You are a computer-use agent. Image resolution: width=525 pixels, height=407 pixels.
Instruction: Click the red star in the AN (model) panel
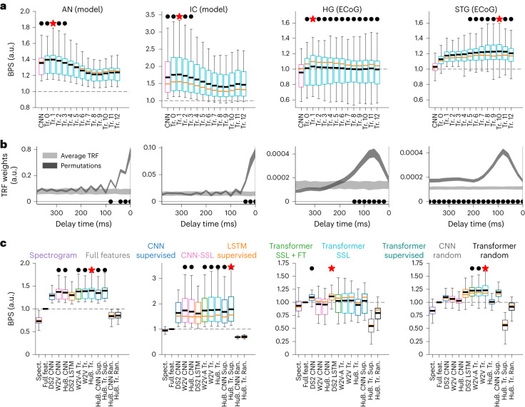pos(53,24)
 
